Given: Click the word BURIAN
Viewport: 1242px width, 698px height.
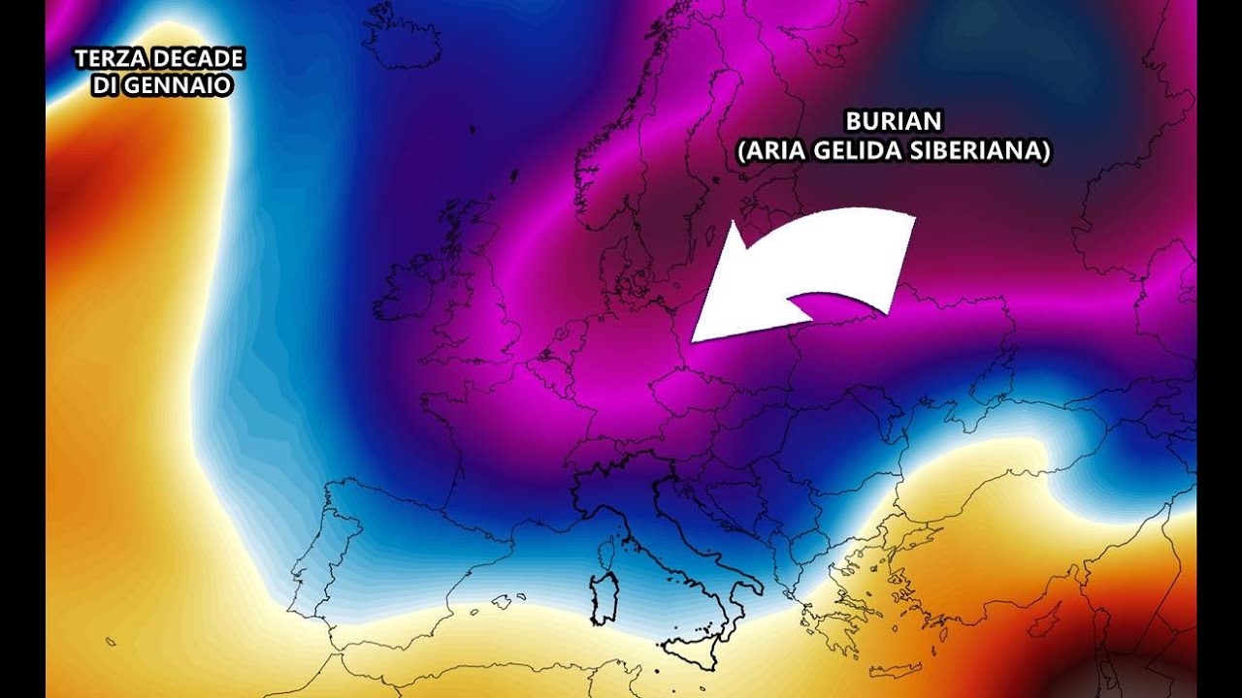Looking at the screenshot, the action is [x=894, y=122].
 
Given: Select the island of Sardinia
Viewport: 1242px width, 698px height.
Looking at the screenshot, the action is [x=604, y=599].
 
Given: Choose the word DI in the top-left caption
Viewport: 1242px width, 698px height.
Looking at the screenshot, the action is [x=104, y=85].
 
